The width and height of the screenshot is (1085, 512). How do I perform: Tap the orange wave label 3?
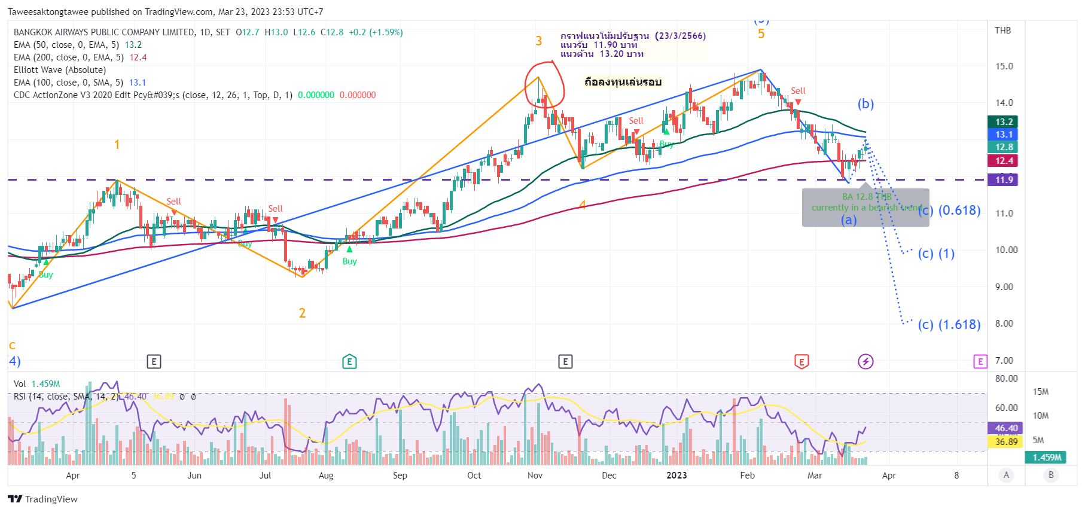(538, 41)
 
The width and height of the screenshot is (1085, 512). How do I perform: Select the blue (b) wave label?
(865, 104)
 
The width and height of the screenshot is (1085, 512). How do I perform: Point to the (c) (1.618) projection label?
(949, 325)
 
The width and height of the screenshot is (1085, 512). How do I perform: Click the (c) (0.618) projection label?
(949, 211)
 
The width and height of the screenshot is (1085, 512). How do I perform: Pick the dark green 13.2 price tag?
(1004, 122)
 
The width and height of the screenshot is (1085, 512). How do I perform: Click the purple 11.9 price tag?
(1004, 180)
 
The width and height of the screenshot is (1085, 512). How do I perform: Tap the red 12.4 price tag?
(1004, 161)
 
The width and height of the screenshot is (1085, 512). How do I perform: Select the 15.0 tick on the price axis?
(1004, 66)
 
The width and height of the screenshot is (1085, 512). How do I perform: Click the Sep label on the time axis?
(400, 476)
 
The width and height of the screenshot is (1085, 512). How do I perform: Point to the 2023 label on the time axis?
(676, 476)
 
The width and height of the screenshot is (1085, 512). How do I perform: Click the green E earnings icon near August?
(349, 361)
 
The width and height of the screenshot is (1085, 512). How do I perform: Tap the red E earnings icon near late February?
(801, 361)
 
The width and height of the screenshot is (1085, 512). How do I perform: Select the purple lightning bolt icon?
(865, 361)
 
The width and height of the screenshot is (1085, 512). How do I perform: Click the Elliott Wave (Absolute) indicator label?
(60, 70)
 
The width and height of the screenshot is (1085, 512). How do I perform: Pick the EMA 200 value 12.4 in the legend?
(138, 57)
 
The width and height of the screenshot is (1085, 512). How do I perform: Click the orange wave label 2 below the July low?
(302, 313)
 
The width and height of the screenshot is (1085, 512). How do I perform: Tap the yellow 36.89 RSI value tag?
(1006, 442)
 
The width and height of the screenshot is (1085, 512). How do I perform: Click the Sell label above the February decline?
(798, 91)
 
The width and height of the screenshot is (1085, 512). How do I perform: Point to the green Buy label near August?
(349, 261)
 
